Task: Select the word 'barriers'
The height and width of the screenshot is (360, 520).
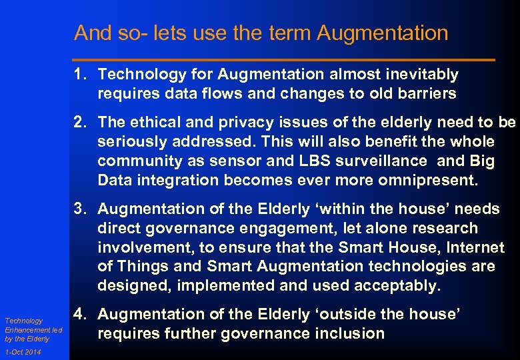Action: point(425,94)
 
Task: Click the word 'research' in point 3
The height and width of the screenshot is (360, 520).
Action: point(445,229)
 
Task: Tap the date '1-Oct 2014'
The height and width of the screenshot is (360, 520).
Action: point(22,352)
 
